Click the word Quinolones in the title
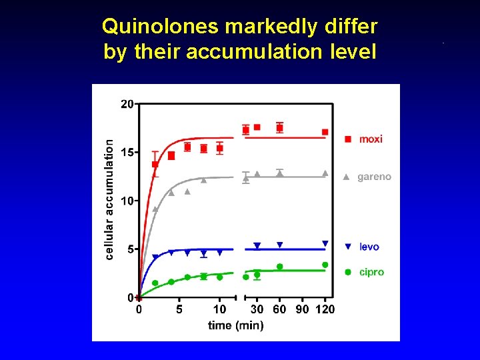(x=161, y=27)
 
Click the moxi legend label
(x=371, y=139)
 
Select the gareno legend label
(x=374, y=177)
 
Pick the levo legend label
(x=369, y=247)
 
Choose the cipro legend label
(x=371, y=272)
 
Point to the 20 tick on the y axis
(x=127, y=103)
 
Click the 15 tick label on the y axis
(x=127, y=152)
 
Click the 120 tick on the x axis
(x=325, y=309)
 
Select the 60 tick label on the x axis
(x=280, y=309)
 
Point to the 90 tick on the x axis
(x=302, y=309)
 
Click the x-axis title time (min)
(x=235, y=325)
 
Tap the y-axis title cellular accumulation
(x=109, y=199)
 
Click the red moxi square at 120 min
(x=325, y=132)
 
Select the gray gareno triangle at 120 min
(x=325, y=173)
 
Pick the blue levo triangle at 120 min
(x=325, y=243)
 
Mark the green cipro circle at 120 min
(x=325, y=265)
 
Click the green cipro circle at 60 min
(x=279, y=267)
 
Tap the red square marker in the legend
(x=347, y=139)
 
